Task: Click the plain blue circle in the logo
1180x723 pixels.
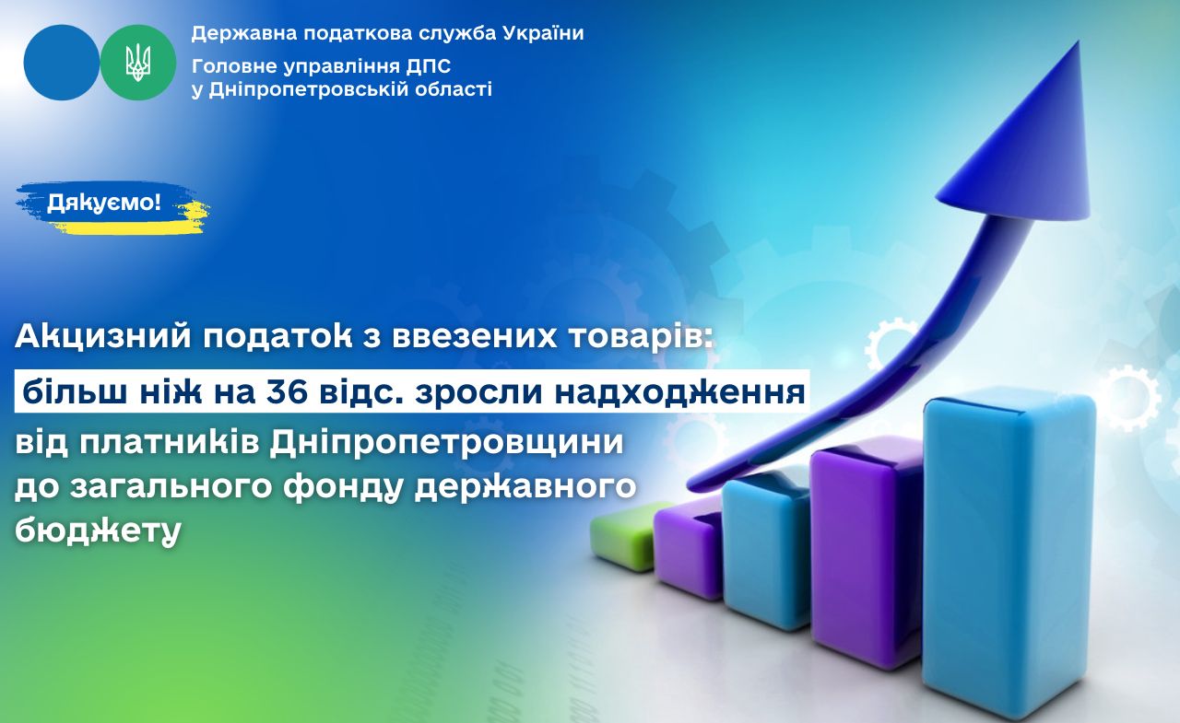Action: coord(62,63)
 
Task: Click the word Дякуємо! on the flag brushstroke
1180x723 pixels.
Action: coord(104,203)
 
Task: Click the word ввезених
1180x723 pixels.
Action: coord(474,337)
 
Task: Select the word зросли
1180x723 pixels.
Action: coord(478,392)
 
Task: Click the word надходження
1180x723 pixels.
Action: coord(680,393)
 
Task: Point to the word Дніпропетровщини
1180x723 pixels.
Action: coord(447,443)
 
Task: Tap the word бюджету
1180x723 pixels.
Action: coord(98,530)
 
